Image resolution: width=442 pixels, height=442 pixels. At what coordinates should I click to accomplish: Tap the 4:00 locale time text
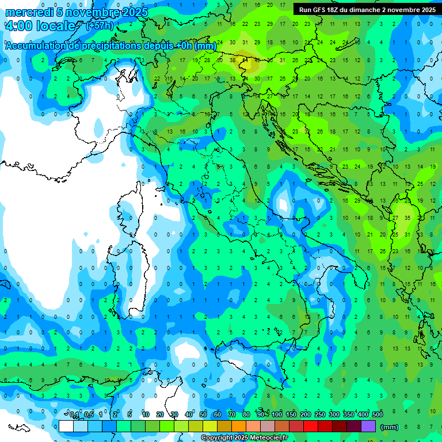(x=40, y=26)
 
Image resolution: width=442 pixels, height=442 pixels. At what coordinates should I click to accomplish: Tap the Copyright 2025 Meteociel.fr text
(x=244, y=438)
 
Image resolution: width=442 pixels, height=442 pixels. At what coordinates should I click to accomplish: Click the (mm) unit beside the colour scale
(x=390, y=426)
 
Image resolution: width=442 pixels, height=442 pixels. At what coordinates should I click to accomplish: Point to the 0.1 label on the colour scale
(x=74, y=415)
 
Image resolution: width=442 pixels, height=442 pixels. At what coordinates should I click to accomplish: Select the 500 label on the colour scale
(x=377, y=415)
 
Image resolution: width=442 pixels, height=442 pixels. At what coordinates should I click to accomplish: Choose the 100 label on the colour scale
(x=277, y=415)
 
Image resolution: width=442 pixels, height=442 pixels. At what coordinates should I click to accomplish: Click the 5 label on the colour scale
(x=130, y=415)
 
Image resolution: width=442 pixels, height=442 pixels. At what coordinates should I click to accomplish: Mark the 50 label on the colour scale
(x=203, y=415)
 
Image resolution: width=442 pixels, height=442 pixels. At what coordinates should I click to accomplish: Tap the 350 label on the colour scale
(x=348, y=415)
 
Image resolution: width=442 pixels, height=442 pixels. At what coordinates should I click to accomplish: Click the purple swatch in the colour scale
(x=368, y=426)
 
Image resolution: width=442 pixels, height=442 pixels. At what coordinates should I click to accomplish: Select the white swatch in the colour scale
(x=66, y=426)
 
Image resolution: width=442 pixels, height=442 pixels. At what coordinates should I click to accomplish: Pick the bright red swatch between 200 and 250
(x=311, y=426)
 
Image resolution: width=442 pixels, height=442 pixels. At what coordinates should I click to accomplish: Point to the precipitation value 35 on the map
(x=407, y=218)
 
